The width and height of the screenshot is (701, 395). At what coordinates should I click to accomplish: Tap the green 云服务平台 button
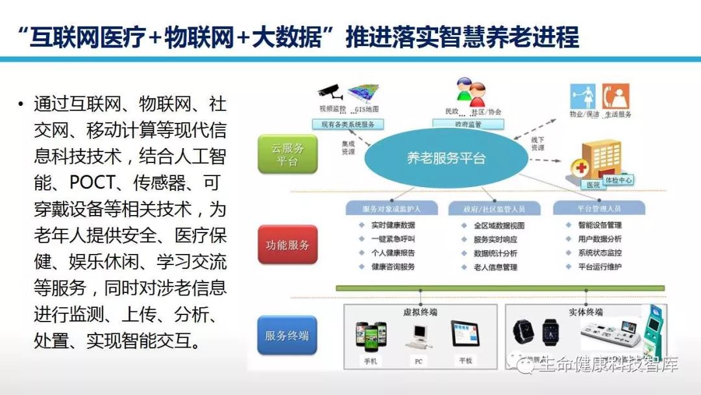coord(287,154)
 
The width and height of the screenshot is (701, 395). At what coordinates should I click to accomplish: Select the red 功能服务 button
coord(287,245)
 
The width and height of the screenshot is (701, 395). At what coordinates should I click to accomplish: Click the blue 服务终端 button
coord(287,335)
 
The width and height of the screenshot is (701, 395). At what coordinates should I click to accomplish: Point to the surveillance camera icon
coord(330,90)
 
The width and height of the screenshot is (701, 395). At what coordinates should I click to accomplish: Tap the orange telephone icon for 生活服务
coord(616,96)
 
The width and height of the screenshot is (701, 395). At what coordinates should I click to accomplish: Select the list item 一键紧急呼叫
coord(393,239)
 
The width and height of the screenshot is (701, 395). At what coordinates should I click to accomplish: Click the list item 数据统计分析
coord(495,253)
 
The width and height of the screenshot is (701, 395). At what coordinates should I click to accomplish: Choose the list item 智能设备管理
coord(599,225)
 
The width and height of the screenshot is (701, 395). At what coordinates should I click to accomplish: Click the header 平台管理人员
coord(598,209)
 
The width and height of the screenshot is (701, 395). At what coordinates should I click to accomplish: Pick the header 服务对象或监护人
coord(392,209)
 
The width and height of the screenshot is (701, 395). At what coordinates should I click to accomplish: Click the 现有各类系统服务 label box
coord(347,123)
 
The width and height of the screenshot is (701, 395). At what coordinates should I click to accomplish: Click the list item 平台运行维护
coord(599,267)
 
